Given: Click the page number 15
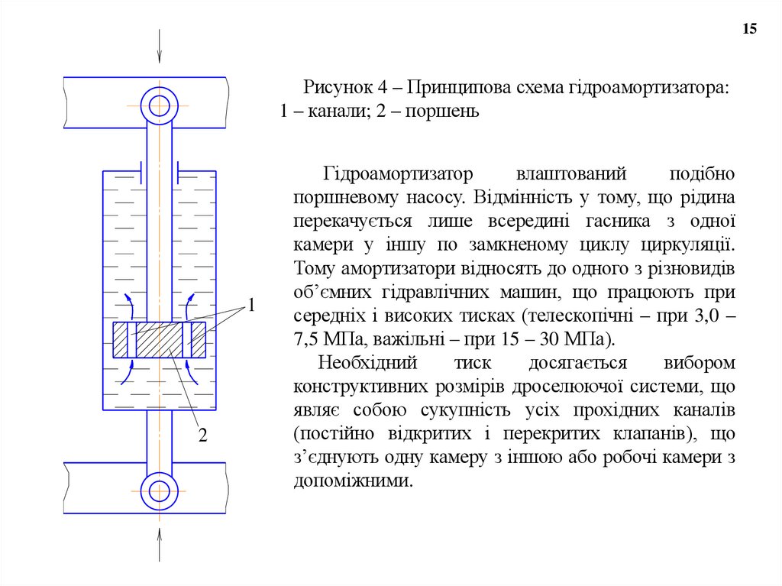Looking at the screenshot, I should (x=749, y=29).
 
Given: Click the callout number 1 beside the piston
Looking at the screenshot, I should (x=250, y=306).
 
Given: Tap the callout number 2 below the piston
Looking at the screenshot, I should (x=203, y=435).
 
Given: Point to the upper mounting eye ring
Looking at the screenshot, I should (x=159, y=105).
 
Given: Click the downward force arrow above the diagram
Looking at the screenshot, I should (x=159, y=47).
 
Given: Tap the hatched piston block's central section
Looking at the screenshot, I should (x=159, y=341).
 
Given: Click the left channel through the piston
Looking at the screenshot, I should (x=131, y=341).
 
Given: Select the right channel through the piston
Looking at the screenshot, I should (x=187, y=341).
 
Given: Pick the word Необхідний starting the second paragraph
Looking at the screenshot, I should (x=366, y=363).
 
